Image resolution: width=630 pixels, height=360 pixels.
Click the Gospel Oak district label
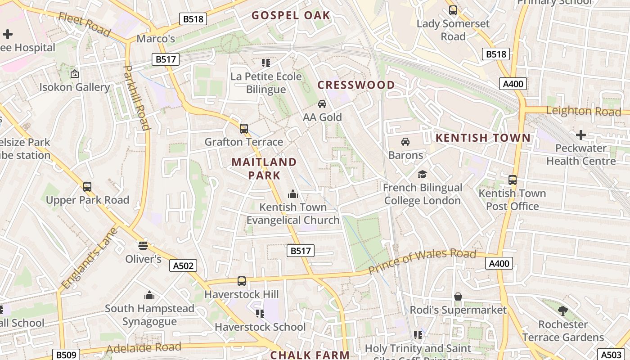[x=291, y=15]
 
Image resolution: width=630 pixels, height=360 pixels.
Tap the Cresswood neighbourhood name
[x=356, y=85]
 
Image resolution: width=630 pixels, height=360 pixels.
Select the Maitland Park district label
[x=264, y=168]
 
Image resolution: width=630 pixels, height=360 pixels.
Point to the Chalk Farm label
[x=310, y=355]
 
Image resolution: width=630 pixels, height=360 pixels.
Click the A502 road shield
[x=184, y=265]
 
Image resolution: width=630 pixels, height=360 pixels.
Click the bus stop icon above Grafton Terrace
[x=243, y=129]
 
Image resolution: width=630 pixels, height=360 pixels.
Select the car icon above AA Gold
[x=322, y=104]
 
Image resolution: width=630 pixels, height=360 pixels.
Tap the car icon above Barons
[x=405, y=142]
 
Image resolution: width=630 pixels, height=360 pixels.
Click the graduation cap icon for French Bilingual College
[x=422, y=174]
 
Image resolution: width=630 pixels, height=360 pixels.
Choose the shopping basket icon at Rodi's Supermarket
[x=458, y=297]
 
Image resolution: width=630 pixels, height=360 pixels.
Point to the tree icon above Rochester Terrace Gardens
[x=562, y=310]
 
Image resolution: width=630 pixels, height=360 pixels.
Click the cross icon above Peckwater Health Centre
[x=581, y=135]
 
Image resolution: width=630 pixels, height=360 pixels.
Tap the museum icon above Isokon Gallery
[x=75, y=74]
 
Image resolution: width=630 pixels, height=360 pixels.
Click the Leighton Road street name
[x=583, y=111]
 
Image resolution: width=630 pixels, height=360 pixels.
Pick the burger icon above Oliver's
[x=143, y=245]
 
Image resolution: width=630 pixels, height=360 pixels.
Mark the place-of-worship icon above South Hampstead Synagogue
[x=149, y=295]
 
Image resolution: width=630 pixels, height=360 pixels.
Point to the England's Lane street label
[x=90, y=258]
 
